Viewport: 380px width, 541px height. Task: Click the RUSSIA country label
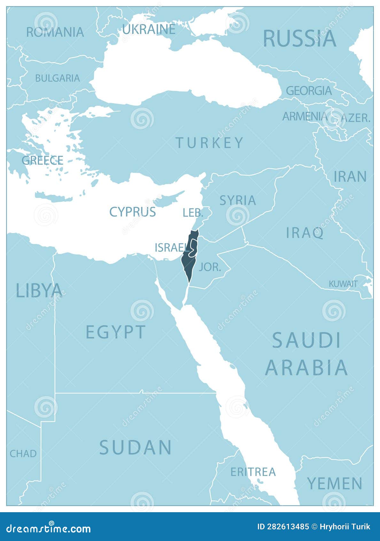pos(299,38)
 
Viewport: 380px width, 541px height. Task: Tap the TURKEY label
pos(210,143)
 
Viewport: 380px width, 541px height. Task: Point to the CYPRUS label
pos(133,212)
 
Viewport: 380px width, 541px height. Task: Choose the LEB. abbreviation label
pos(193,213)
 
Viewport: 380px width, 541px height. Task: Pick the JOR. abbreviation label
pos(210,267)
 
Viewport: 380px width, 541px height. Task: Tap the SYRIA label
pos(238,200)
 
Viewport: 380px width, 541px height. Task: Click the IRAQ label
pos(305,233)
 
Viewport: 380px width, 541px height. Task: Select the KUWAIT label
pos(343,284)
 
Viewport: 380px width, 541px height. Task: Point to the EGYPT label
pos(116,332)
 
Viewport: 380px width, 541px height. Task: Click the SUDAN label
pos(136,447)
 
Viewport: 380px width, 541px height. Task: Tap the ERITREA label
pos(253,472)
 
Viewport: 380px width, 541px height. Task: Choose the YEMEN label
pos(335,483)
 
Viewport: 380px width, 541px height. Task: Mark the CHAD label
pos(23,454)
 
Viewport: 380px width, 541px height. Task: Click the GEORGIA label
pos(309,91)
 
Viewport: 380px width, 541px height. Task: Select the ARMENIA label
pos(305,116)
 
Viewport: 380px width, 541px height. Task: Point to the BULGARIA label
pos(58,78)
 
